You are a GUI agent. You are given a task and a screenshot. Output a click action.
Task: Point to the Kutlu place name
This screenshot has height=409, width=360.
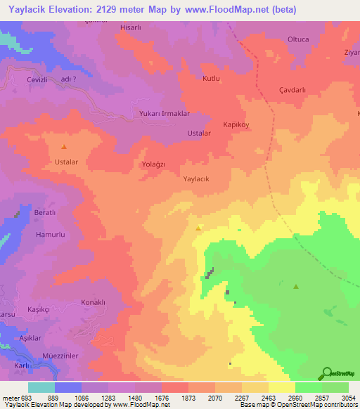pyautogui.click(x=212, y=78)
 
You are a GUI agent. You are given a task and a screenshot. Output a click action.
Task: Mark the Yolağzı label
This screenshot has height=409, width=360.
pyautogui.click(x=153, y=164)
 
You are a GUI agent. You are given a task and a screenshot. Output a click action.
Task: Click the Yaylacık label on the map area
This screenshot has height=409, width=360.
pyautogui.click(x=197, y=178)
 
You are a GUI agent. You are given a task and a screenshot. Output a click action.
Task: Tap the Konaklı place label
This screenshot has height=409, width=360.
pyautogui.click(x=93, y=302)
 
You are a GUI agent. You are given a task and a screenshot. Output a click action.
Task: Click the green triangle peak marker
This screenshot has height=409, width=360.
pyautogui.click(x=296, y=287)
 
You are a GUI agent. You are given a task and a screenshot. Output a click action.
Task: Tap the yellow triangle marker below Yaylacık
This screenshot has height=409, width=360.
pyautogui.click(x=199, y=228)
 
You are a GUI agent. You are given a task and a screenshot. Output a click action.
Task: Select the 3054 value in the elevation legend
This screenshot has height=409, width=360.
pyautogui.click(x=340, y=397)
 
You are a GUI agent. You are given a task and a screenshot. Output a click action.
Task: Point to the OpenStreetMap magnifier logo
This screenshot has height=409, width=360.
pyautogui.click(x=326, y=372)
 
